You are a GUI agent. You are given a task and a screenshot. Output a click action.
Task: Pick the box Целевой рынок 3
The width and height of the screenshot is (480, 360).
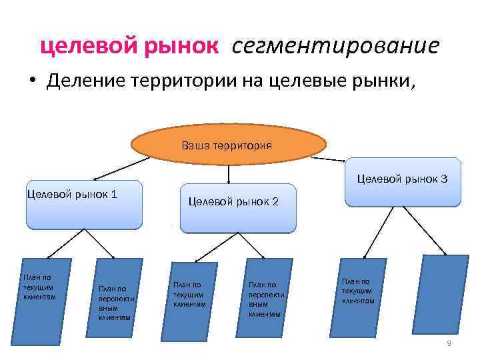click(x=402, y=181)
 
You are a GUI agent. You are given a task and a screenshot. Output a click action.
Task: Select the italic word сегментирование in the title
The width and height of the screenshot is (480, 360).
click(x=336, y=46)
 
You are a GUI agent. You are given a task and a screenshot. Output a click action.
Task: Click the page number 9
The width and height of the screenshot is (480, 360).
click(x=449, y=343)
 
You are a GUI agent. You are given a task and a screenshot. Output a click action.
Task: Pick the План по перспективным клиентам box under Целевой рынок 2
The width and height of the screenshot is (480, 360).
click(x=267, y=298)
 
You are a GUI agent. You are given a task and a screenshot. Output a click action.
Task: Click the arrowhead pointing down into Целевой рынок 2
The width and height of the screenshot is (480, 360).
click(x=229, y=180)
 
